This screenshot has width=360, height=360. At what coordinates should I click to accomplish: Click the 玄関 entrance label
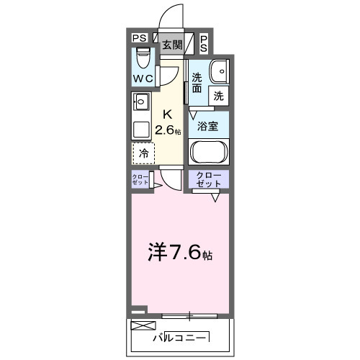[171, 45]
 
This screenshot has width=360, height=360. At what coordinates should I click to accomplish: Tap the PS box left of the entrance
[139, 39]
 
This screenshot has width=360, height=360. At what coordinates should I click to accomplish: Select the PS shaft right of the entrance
[204, 43]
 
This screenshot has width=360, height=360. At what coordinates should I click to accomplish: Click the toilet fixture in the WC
[143, 57]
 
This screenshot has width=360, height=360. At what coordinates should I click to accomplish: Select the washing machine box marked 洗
[217, 94]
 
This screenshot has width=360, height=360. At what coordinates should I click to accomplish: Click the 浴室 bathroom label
[209, 126]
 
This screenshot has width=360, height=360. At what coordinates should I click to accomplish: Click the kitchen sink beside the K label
[140, 102]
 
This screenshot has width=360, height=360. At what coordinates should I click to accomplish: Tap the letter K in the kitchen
[167, 114]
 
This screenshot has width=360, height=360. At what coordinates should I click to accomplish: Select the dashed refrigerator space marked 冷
[143, 153]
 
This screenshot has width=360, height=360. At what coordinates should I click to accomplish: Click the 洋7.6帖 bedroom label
[180, 253]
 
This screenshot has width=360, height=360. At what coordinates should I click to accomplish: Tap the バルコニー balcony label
[181, 338]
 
